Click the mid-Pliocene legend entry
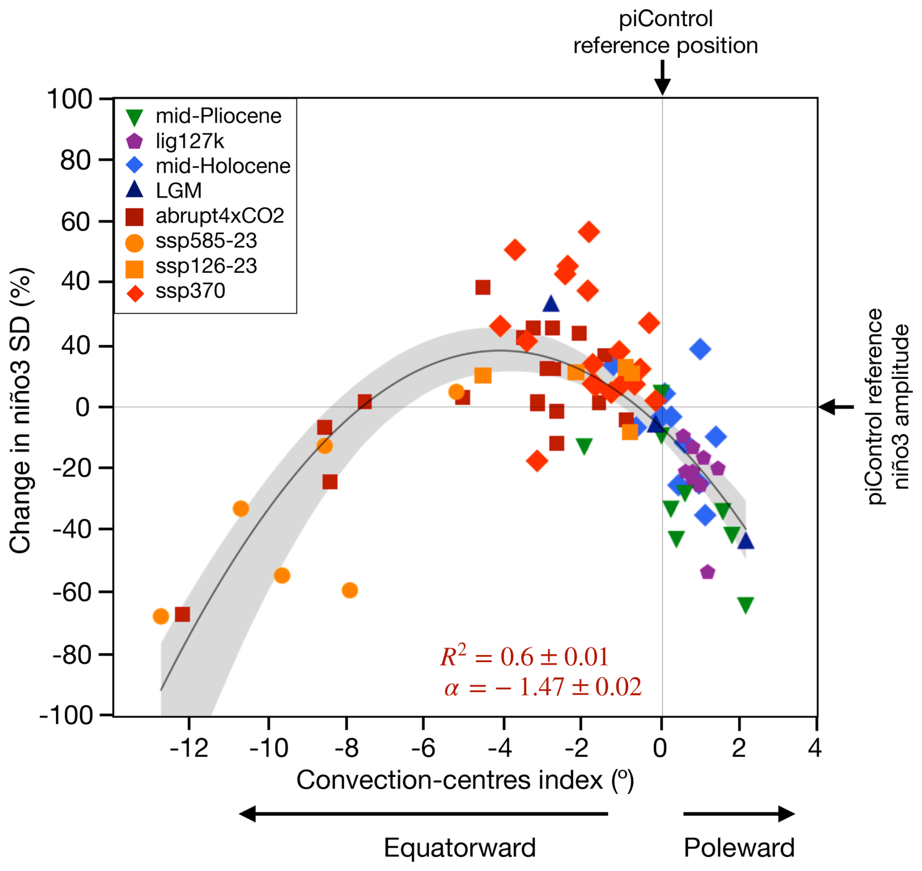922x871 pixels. pyautogui.click(x=218, y=116)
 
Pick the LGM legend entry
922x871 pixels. pyautogui.click(x=178, y=190)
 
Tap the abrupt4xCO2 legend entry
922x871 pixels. pyautogui.click(x=219, y=216)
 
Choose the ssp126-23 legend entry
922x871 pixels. pyautogui.click(x=206, y=266)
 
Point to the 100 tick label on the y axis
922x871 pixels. pyautogui.click(x=70, y=99)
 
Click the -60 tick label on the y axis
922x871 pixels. pyautogui.click(x=72, y=592)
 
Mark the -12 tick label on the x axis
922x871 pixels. pyautogui.click(x=189, y=747)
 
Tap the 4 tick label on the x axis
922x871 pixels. pyautogui.click(x=815, y=747)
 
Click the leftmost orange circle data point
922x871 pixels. pyautogui.click(x=161, y=616)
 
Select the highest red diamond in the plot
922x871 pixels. pyautogui.click(x=589, y=232)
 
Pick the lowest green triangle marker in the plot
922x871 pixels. pyautogui.click(x=746, y=605)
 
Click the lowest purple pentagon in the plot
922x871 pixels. pyautogui.click(x=708, y=572)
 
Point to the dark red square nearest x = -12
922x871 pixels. pyautogui.click(x=182, y=614)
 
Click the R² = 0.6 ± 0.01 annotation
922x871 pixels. pyautogui.click(x=524, y=657)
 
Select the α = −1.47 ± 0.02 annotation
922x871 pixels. pyautogui.click(x=542, y=687)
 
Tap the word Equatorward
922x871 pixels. pyautogui.click(x=460, y=848)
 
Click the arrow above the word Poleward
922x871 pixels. pyautogui.click(x=739, y=814)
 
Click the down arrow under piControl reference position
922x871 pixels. pyautogui.click(x=662, y=78)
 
